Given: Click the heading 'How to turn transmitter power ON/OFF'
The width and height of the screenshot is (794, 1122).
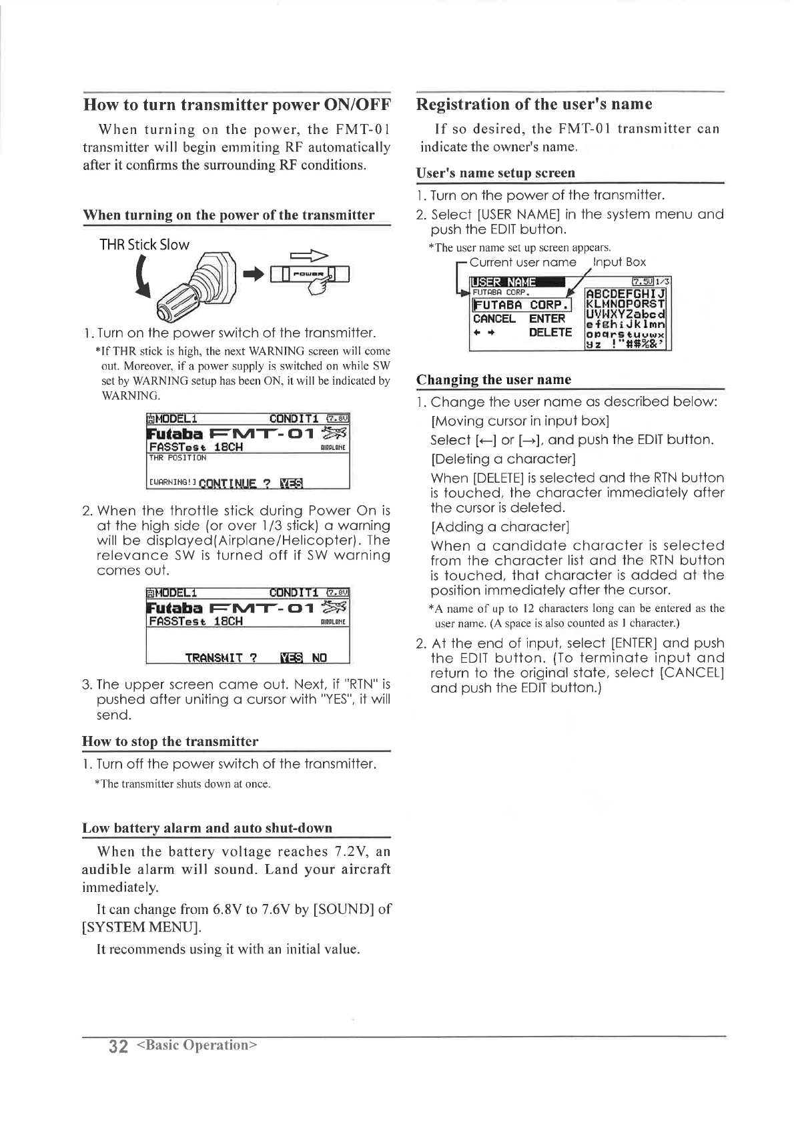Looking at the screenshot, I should pyautogui.click(x=236, y=105).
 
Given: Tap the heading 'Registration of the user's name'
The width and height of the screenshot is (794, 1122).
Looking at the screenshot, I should pyautogui.click(x=534, y=104).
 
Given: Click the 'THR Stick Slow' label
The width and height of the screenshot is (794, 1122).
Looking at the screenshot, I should pyautogui.click(x=144, y=245).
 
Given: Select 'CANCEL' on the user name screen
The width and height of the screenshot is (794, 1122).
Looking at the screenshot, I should pyautogui.click(x=494, y=319).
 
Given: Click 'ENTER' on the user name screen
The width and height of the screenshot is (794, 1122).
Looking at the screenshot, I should pyautogui.click(x=547, y=319).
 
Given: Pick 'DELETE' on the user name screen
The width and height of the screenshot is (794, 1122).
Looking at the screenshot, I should pyautogui.click(x=550, y=333).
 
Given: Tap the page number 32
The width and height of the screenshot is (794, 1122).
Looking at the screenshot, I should pyautogui.click(x=117, y=1045).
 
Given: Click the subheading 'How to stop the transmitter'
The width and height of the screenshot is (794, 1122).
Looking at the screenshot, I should pyautogui.click(x=170, y=742).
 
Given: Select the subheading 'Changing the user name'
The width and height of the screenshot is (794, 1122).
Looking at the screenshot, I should pyautogui.click(x=494, y=380).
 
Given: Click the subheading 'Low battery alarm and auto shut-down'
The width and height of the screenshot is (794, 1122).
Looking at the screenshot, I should pyautogui.click(x=207, y=828).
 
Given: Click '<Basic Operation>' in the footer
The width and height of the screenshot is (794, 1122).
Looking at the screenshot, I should pyautogui.click(x=196, y=1045).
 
